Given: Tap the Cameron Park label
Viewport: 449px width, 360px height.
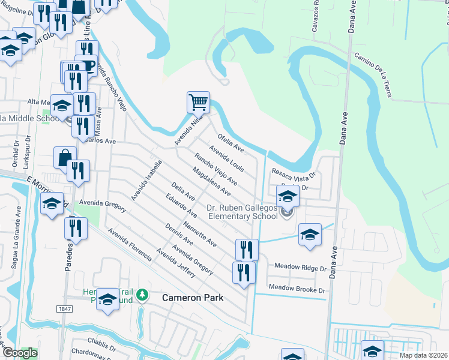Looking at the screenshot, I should [x=193, y=298].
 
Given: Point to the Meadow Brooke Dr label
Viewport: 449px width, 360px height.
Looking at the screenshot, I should [x=297, y=289].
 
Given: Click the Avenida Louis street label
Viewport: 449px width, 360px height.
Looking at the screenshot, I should [x=226, y=158].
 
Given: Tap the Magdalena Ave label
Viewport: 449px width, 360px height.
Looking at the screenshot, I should [x=211, y=182].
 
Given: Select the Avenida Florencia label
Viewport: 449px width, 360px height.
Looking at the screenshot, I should [x=129, y=243].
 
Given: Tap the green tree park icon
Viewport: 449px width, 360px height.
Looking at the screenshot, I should [x=142, y=295].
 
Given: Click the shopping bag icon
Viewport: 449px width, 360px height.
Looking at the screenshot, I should [x=65, y=157].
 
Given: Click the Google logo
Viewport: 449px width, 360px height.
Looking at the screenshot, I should [x=19, y=353].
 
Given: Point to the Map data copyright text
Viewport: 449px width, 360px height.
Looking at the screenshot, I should [x=423, y=355].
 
